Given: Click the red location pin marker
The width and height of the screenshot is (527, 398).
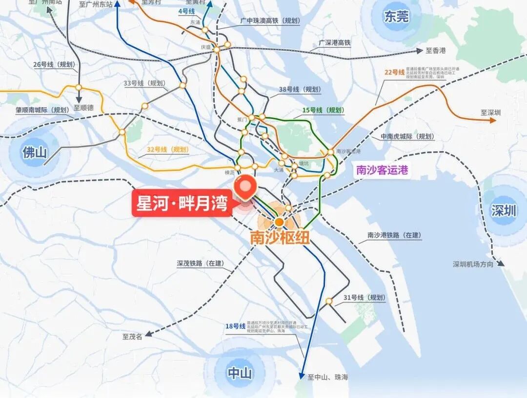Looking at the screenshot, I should point(246,187).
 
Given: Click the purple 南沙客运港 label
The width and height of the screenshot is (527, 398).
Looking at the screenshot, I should point(382,170).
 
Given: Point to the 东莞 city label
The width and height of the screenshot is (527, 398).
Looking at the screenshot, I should point(396,17).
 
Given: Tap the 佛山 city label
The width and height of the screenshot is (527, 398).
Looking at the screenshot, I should point(35,152).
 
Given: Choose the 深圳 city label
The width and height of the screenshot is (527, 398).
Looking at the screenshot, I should point(504,211).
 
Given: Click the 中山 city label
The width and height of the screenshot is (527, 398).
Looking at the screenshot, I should point(240,374).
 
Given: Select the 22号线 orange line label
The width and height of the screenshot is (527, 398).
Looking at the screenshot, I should point(395,73).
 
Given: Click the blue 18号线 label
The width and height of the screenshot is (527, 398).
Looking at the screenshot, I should point(235,326).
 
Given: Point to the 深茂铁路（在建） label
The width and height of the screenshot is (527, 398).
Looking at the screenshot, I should point(200,264).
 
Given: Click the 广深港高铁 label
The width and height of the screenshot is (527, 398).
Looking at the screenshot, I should point(335,43).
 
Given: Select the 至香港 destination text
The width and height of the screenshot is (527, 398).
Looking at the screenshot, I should point(435,51).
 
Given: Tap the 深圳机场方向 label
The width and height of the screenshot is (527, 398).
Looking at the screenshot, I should point(473,265).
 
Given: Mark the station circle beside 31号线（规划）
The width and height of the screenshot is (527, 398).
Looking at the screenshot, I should point(329,301).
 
